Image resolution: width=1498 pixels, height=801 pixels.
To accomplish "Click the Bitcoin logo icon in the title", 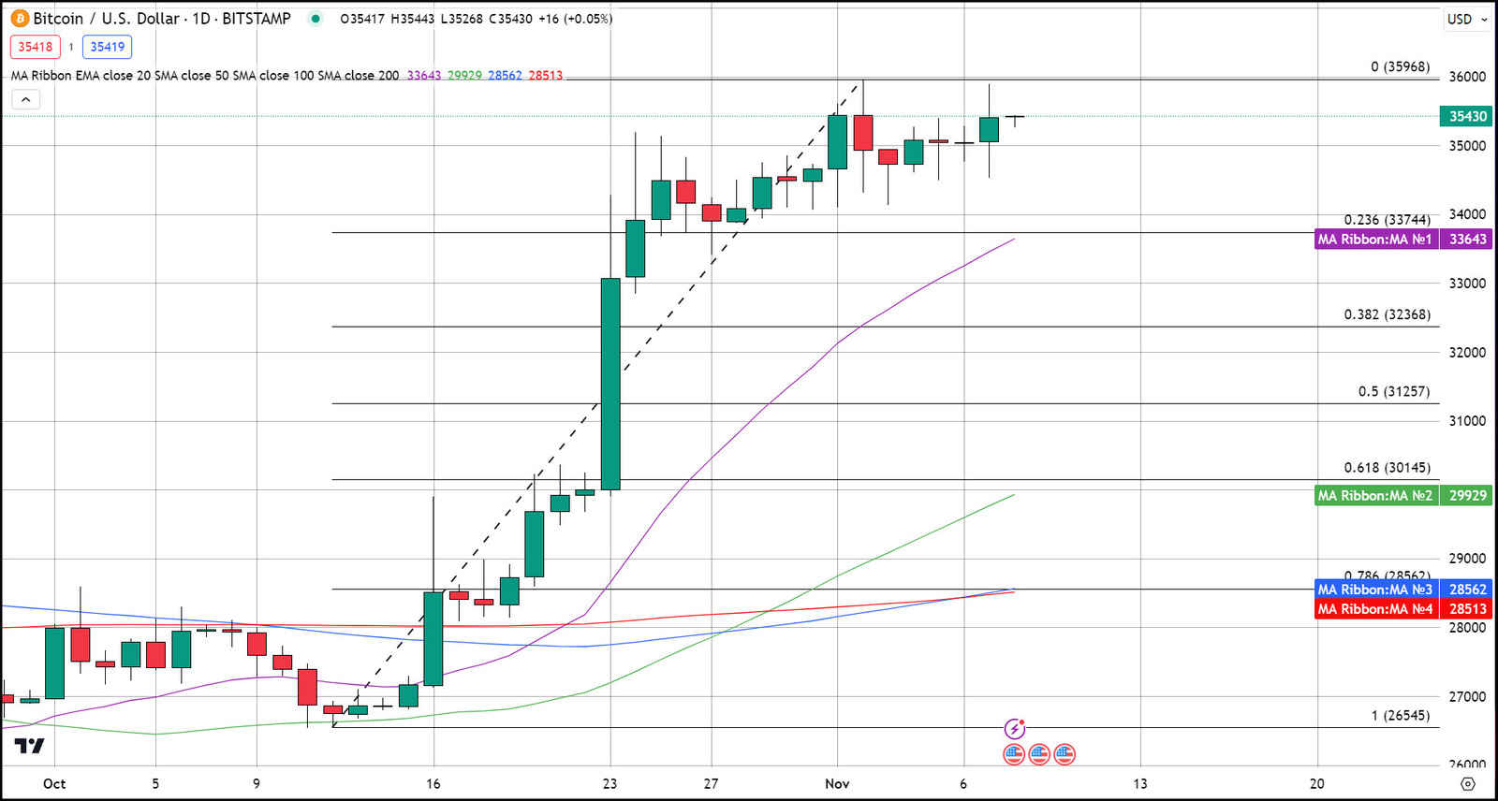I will point(20,19).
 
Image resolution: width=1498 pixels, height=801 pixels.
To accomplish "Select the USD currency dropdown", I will point(1466,19).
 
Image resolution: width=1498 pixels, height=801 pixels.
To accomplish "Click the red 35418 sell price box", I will point(36,47).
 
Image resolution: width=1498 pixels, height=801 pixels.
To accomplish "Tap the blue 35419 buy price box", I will point(107,47).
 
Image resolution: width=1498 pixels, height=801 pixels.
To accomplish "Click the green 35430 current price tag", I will point(1466,117).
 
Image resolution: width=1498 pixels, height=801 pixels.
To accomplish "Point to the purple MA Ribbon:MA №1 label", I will point(1374,240).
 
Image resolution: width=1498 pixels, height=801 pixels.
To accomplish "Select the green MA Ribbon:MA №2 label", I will point(1374,496).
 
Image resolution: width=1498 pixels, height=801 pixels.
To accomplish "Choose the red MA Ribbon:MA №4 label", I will point(1374,609).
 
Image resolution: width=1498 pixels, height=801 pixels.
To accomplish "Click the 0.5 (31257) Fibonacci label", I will point(1394,391).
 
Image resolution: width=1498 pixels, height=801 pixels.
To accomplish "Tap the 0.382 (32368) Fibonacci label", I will point(1387,314).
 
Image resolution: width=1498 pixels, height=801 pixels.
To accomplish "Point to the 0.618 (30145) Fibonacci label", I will point(1387,468).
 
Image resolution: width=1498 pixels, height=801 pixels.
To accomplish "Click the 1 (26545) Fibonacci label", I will point(1400,716).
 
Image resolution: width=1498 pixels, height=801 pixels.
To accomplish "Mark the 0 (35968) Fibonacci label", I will point(1400,66).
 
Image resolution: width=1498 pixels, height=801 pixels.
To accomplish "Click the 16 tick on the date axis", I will point(433,784).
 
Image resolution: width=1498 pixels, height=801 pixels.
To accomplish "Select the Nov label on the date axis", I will point(837,784).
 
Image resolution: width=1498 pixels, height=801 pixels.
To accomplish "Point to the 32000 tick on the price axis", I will point(1467,353).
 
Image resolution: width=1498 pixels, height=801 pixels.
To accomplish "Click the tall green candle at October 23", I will point(610,384).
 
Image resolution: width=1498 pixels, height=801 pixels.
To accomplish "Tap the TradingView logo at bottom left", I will point(29,746).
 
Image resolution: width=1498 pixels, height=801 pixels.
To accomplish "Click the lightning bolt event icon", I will point(1014,729).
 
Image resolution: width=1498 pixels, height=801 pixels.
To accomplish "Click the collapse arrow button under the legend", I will point(26,99).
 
